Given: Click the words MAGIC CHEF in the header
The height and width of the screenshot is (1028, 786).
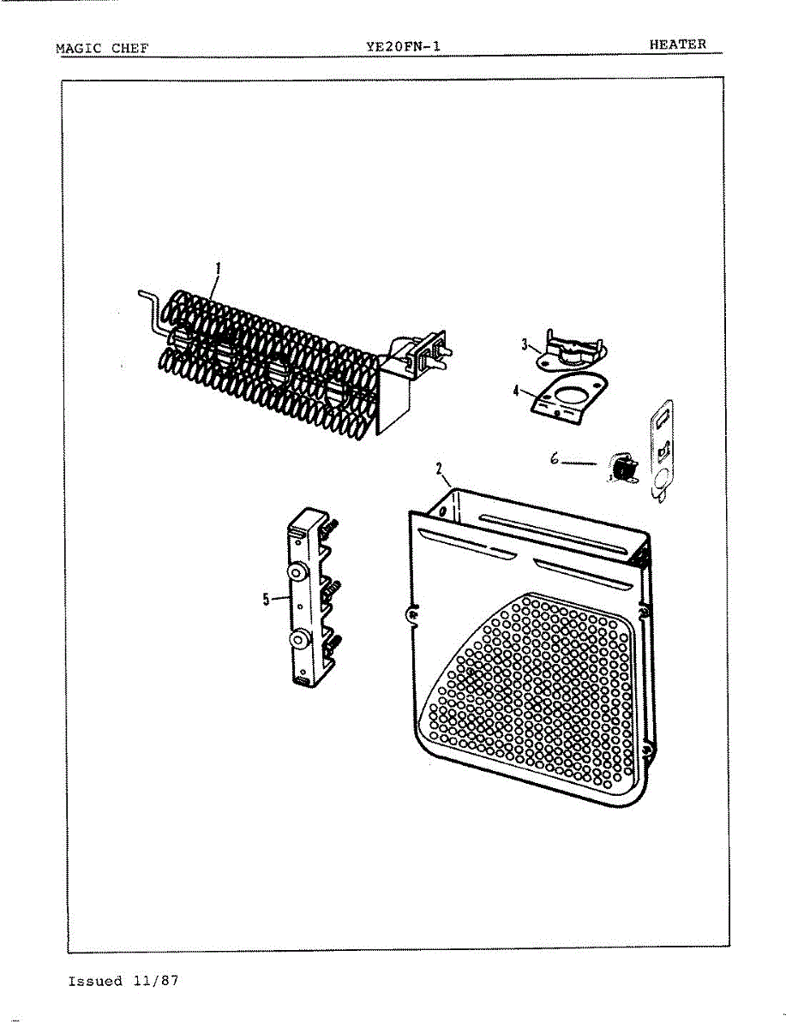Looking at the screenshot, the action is point(101,48).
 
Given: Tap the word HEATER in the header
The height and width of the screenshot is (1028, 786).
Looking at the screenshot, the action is point(677,45).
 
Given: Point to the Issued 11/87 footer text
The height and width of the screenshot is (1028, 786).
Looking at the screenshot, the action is point(123,981).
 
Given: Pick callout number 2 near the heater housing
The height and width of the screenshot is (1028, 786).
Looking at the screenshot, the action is point(439,469).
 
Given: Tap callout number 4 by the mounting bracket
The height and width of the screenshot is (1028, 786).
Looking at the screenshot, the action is point(516,391).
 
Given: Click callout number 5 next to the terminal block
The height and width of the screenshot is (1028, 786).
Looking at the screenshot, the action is point(267,600).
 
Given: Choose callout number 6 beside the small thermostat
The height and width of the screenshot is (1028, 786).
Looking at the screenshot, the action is point(555,459).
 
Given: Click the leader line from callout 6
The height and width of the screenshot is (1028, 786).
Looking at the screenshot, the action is point(581,463).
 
